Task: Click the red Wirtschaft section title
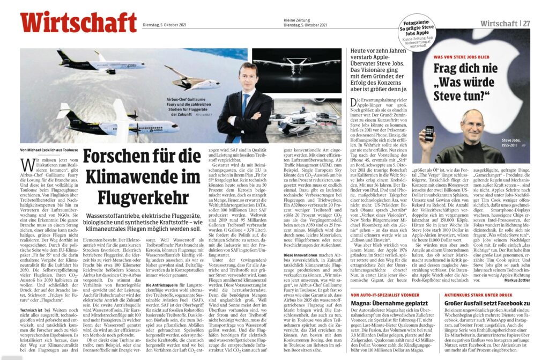(78, 22)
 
